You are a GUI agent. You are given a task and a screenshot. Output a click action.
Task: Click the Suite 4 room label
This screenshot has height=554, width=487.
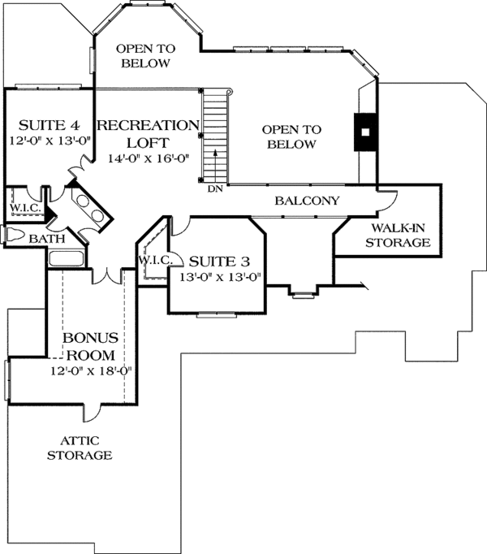pyautogui.click(x=49, y=125)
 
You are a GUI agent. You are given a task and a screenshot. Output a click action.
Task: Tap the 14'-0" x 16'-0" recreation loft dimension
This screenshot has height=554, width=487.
pyautogui.click(x=149, y=158)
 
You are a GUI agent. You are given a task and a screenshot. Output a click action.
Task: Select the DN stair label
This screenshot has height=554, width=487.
pyautogui.click(x=215, y=189)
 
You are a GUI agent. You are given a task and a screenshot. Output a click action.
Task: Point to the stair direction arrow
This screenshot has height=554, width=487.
pyautogui.click(x=215, y=163)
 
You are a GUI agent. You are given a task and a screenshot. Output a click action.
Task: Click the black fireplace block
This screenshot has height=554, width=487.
pyautogui.click(x=365, y=132)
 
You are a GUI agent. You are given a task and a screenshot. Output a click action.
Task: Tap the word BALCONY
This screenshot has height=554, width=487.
pyautogui.click(x=307, y=201)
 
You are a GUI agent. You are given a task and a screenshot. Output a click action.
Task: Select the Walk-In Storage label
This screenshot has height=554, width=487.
pyautogui.click(x=398, y=236)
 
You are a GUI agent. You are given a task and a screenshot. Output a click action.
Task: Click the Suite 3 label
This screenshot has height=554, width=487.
pyautogui.click(x=219, y=262)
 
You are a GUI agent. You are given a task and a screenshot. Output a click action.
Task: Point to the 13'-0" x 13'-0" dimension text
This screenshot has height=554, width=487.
pyautogui.click(x=220, y=277)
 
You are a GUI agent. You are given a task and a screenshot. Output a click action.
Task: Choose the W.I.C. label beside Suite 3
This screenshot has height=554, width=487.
pyautogui.click(x=155, y=261)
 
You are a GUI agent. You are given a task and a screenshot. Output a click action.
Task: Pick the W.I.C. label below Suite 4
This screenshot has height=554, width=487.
pyautogui.click(x=25, y=208)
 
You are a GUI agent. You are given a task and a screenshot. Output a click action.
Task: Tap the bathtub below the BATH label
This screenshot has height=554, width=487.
pyautogui.click(x=67, y=258)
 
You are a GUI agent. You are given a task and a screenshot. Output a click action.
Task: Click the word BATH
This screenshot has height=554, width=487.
pyautogui.click(x=47, y=239)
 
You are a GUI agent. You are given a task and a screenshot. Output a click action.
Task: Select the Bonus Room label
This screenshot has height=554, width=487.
pyautogui.click(x=90, y=346)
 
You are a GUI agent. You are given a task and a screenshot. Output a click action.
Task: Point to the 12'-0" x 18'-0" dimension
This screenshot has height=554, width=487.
pyautogui.click(x=91, y=371)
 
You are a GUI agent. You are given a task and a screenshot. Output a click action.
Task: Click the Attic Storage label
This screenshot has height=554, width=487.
pyautogui.click(x=80, y=448)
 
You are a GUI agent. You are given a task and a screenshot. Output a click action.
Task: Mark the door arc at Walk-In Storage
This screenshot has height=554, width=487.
pyautogui.click(x=388, y=201)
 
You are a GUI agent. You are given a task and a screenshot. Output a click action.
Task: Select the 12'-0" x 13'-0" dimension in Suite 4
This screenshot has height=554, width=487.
pyautogui.click(x=50, y=141)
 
